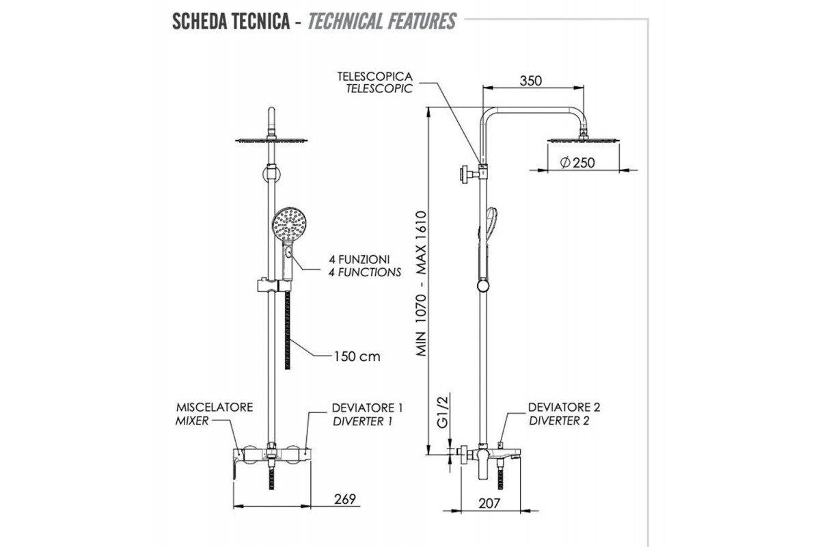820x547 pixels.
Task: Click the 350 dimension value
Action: pyautogui.click(x=530, y=80)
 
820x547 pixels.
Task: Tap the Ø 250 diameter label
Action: pyautogui.click(x=578, y=163)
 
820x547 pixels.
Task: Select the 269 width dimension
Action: pyautogui.click(x=345, y=498)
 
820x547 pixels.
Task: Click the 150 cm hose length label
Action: pyautogui.click(x=357, y=356)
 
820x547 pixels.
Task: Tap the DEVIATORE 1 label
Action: pyautogui.click(x=367, y=408)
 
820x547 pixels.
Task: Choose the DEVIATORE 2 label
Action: pyautogui.click(x=564, y=408)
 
